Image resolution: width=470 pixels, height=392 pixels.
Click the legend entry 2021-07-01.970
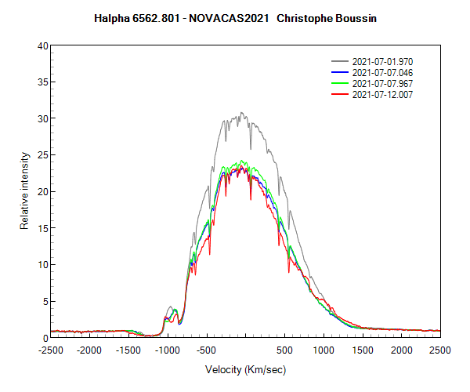(x=382, y=61)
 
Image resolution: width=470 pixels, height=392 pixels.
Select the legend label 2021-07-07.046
(x=382, y=72)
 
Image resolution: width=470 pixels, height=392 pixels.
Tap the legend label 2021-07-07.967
(x=382, y=83)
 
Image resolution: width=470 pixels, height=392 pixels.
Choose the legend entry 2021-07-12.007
(x=382, y=94)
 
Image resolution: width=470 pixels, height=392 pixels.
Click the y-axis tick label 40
(x=44, y=45)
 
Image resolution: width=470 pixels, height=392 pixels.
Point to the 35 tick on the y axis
(x=44, y=82)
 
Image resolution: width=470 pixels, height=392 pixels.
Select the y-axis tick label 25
(x=44, y=155)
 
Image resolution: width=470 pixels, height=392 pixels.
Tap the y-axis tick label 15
(x=44, y=228)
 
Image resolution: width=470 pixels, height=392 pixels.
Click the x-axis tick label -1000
(x=168, y=350)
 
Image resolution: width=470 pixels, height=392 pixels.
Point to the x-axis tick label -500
(x=206, y=350)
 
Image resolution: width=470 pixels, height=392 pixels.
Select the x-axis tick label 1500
(x=362, y=350)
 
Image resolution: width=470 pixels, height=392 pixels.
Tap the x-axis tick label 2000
(x=401, y=350)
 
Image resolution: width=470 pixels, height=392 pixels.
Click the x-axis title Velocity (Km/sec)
(x=245, y=369)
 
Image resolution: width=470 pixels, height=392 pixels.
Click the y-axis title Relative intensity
(x=24, y=192)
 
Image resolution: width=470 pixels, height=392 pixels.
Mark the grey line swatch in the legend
(x=340, y=61)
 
